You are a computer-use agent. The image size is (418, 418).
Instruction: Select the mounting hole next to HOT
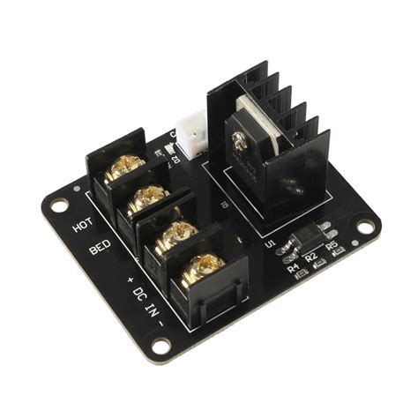(59, 206)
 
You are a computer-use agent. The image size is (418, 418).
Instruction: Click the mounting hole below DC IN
(161, 345)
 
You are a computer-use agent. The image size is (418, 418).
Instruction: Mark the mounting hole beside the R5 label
(363, 228)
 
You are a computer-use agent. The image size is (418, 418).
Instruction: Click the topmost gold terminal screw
(123, 165)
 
